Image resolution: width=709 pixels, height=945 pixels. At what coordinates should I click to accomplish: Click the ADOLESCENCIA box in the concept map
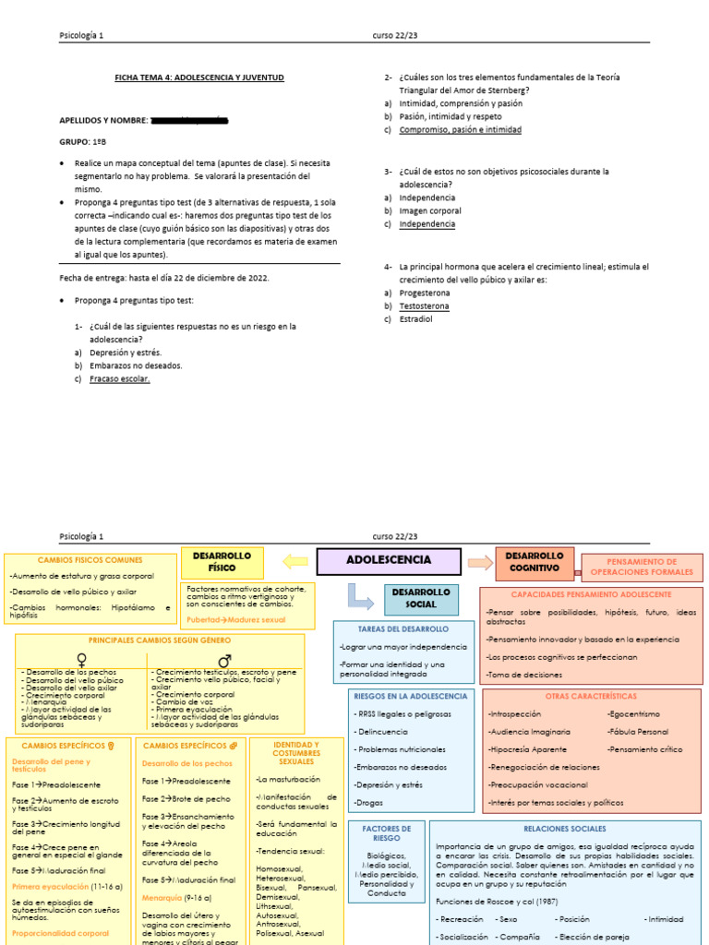pyautogui.click(x=388, y=560)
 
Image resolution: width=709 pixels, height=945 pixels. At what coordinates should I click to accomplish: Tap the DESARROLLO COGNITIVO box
pyautogui.click(x=534, y=562)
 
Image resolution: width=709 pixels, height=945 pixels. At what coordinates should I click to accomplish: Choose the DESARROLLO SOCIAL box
pyautogui.click(x=420, y=598)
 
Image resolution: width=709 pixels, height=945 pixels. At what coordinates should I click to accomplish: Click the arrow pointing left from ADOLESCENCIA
pyautogui.click(x=294, y=560)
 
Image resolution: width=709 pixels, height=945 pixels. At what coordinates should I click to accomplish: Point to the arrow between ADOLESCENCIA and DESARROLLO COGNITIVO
pyautogui.click(x=480, y=562)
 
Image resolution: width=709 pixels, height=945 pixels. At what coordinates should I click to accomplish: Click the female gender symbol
pyautogui.click(x=82, y=659)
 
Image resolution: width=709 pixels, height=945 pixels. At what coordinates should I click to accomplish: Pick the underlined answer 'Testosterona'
pyautogui.click(x=425, y=305)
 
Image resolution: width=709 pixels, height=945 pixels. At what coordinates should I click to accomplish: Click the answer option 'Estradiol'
pyautogui.click(x=415, y=319)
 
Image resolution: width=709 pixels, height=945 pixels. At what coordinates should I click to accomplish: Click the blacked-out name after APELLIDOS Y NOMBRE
pyautogui.click(x=188, y=120)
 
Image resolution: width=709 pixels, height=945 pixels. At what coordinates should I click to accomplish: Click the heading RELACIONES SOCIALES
pyautogui.click(x=564, y=830)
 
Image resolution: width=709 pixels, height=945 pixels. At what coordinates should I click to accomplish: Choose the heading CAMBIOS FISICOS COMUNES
pyautogui.click(x=90, y=560)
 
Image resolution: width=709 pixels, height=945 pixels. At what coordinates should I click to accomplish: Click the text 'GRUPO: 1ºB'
pyautogui.click(x=84, y=142)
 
